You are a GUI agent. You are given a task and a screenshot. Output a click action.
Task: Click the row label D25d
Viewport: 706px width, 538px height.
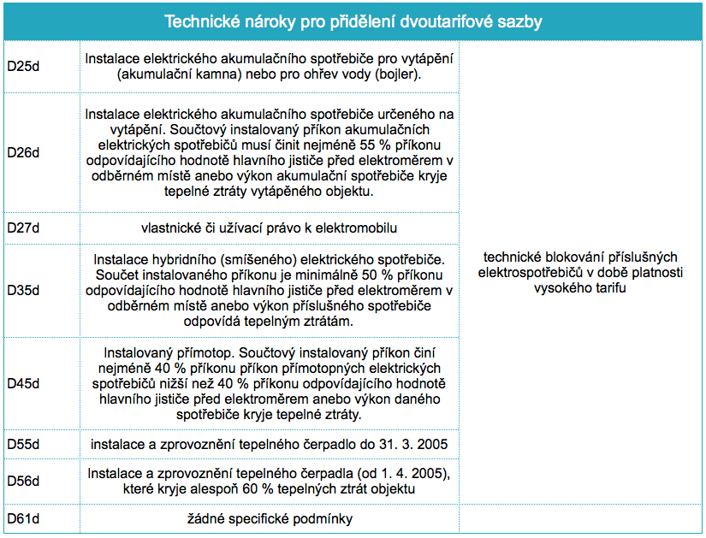(x=23, y=66)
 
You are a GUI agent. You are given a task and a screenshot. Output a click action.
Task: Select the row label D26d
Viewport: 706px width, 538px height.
(x=23, y=152)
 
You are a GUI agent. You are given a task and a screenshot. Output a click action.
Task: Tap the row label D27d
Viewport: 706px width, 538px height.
(x=23, y=228)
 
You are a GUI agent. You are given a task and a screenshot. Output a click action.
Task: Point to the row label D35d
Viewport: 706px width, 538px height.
(x=23, y=290)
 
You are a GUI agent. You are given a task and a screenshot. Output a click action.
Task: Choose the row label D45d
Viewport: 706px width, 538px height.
(x=23, y=383)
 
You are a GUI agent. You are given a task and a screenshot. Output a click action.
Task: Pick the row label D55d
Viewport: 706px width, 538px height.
(x=23, y=445)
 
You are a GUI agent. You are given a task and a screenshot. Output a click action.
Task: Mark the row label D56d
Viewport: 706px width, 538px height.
(x=23, y=481)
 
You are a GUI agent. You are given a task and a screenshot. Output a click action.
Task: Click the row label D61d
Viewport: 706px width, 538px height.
(x=23, y=518)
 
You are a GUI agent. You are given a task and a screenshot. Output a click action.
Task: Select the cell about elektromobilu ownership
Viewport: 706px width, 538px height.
(x=270, y=228)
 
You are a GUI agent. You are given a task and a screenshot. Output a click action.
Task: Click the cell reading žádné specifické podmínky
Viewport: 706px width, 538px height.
(x=270, y=518)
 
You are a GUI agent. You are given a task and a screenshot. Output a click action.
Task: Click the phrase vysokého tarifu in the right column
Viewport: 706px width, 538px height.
(x=580, y=287)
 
